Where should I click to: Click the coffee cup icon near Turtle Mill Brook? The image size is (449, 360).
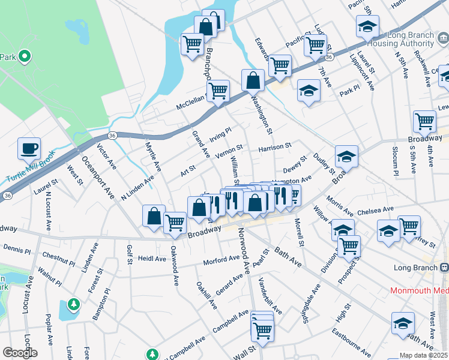29,148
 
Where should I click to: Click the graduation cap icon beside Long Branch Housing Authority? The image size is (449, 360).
367,26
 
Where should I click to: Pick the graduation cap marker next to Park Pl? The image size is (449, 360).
309,91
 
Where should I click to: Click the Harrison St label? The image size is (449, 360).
274,146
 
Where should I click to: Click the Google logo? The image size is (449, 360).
19,353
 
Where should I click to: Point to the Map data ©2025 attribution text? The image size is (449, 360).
423,355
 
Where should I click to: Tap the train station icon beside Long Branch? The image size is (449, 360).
444,267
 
